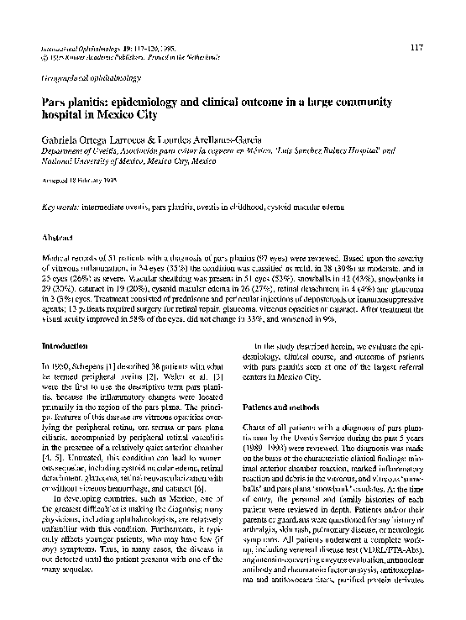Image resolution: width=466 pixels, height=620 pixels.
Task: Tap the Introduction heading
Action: point(65,345)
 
